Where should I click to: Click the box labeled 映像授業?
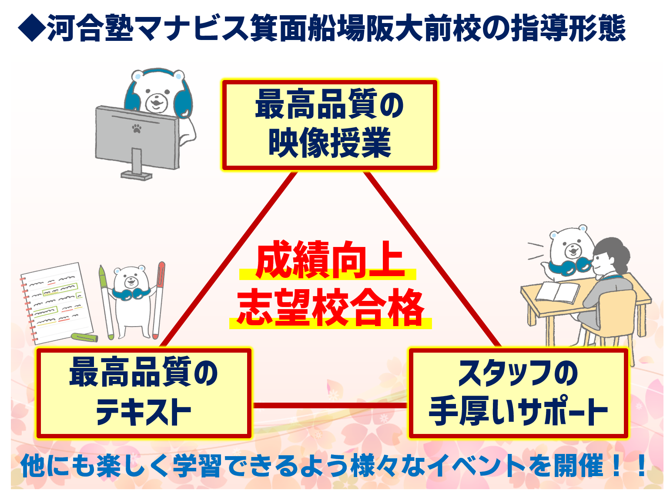[x=329, y=125]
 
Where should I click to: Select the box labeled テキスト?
[x=144, y=393]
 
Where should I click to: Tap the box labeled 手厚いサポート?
[x=518, y=393]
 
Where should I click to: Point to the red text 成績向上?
[x=329, y=260]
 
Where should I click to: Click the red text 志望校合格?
[x=331, y=307]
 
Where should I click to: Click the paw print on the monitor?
[x=137, y=128]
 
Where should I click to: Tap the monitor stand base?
[x=136, y=175]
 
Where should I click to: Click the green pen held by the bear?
[x=106, y=302]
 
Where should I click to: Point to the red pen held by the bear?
[x=158, y=300]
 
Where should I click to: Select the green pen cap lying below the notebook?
[x=84, y=337]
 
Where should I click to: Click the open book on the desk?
[x=557, y=292]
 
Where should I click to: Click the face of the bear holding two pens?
[x=131, y=279]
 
